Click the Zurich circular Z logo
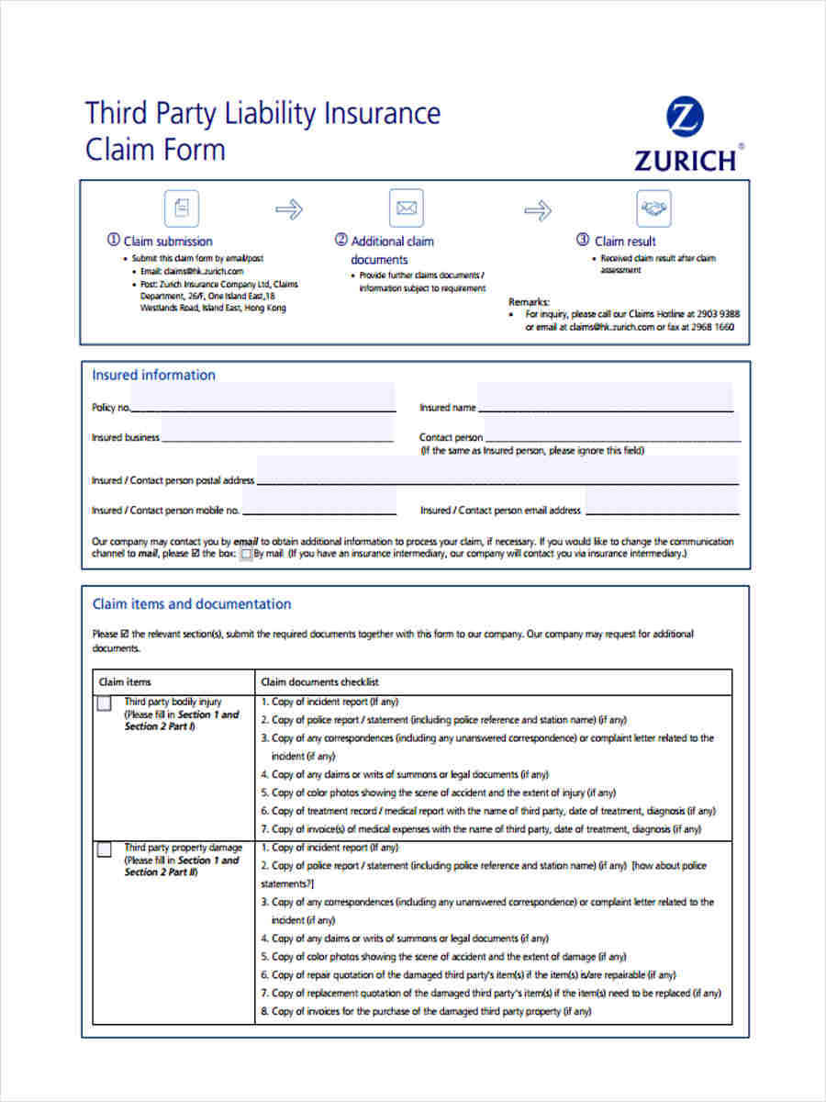(x=686, y=118)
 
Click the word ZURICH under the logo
(x=685, y=161)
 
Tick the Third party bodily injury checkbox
(x=105, y=704)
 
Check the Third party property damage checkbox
(x=105, y=850)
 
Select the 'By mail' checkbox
(x=246, y=555)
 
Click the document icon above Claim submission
(x=181, y=208)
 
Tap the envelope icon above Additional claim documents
(x=406, y=208)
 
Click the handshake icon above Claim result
(x=653, y=208)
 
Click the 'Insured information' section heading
(x=153, y=375)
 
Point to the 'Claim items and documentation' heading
(x=192, y=604)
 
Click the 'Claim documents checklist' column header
(x=319, y=682)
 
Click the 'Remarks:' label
(x=529, y=301)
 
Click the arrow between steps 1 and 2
(x=289, y=210)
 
